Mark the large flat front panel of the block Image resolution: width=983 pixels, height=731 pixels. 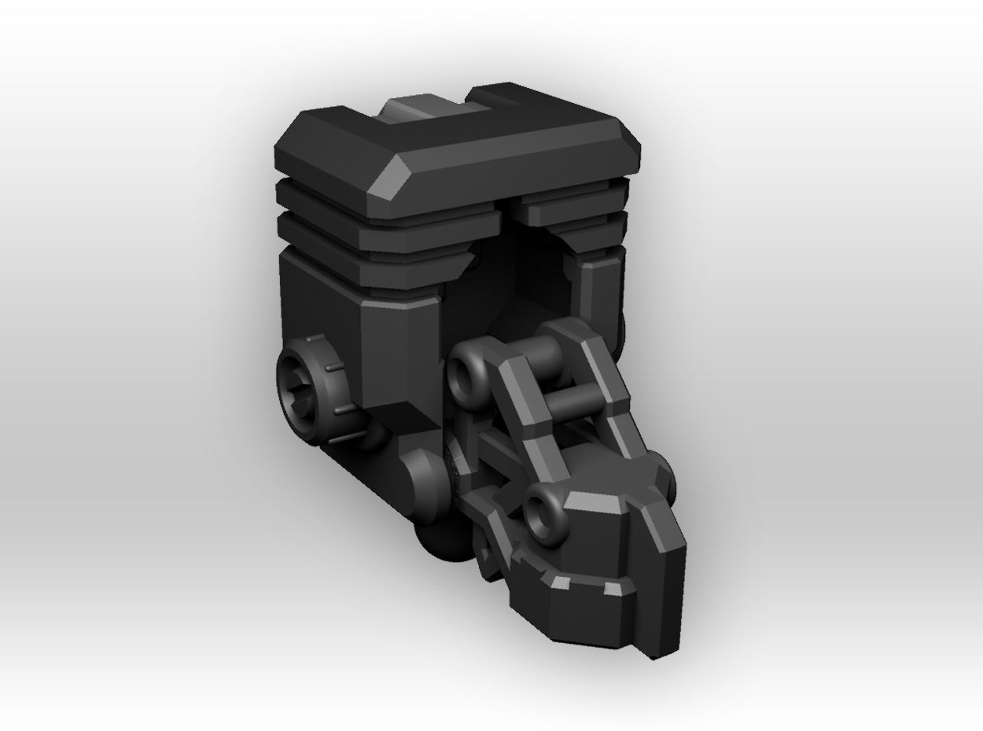click(397, 354)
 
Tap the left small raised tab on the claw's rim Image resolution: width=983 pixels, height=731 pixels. click(560, 582)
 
